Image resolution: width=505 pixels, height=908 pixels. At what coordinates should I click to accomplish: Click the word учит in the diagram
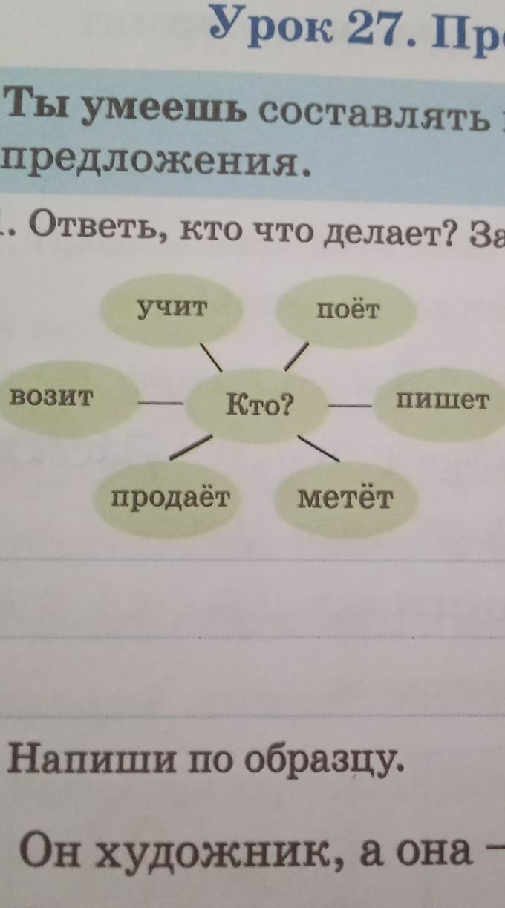click(x=171, y=309)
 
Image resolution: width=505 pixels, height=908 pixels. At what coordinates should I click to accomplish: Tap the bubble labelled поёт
click(x=348, y=309)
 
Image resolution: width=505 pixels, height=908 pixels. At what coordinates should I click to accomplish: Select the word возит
click(x=51, y=398)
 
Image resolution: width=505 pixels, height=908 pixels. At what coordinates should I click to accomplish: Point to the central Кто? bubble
click(x=260, y=405)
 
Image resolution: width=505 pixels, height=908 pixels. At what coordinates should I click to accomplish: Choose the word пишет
click(x=443, y=401)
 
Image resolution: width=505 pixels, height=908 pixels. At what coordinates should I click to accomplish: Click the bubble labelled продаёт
click(x=172, y=498)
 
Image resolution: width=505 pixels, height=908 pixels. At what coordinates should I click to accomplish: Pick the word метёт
click(x=345, y=498)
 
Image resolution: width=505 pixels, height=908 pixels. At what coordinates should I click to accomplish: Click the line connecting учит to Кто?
click(x=211, y=358)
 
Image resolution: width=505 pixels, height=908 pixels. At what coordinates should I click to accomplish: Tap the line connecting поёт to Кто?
click(x=296, y=355)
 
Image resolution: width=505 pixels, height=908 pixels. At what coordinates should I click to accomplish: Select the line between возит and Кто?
click(x=160, y=403)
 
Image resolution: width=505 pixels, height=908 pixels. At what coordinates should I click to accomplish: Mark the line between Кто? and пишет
click(x=349, y=405)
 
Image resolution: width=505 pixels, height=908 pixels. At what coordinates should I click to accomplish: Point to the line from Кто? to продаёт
click(x=190, y=446)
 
